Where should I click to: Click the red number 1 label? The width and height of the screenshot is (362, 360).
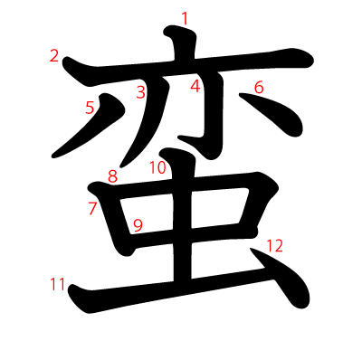186,18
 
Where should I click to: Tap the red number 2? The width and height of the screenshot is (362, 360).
54,56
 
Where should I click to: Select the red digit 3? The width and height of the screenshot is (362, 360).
140,92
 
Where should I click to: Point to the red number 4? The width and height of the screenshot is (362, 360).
195,86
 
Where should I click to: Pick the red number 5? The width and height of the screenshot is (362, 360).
90,108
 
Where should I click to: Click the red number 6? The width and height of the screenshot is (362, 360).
259,88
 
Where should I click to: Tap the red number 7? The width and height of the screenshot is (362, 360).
92,208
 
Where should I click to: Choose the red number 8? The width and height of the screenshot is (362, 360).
112,176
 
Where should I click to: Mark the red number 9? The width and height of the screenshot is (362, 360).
138,225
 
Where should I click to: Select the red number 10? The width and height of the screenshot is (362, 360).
157,167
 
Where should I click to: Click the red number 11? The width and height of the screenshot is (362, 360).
57,284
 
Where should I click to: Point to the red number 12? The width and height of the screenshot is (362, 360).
275,246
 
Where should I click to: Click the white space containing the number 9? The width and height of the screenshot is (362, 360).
148,214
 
